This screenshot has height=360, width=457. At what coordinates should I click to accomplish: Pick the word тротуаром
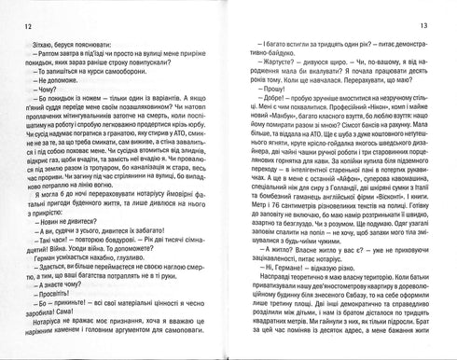click(x=78, y=172)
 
